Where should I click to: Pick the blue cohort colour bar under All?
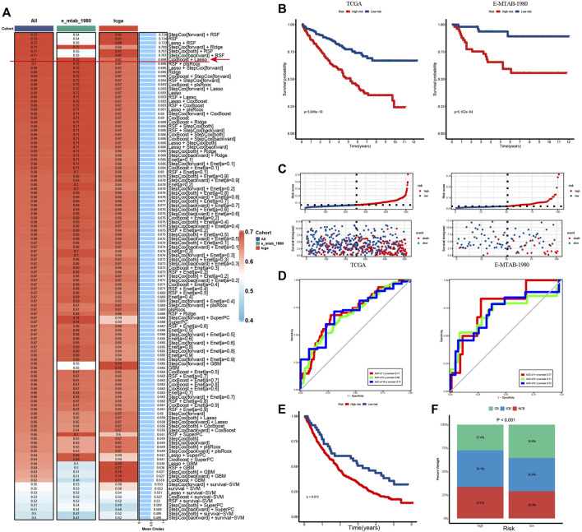(x=25, y=27)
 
